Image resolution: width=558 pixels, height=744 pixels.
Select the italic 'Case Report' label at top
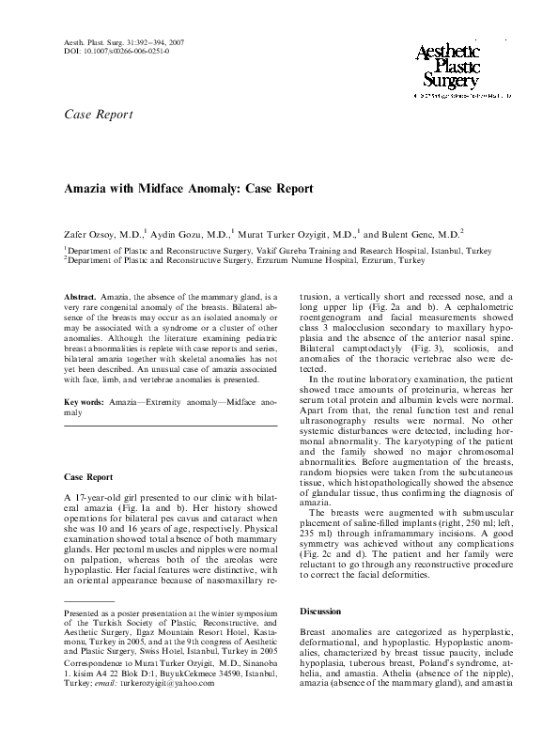[x=98, y=115]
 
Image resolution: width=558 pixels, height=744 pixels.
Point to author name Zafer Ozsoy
[x=95, y=235]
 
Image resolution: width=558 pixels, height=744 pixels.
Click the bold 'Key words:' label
[x=82, y=401]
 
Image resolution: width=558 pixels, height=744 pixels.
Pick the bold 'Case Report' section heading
[x=88, y=477]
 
